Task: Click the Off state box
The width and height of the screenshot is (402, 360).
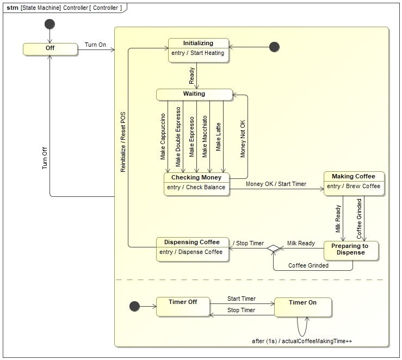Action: (x=50, y=49)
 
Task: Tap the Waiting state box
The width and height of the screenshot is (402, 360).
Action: (x=194, y=95)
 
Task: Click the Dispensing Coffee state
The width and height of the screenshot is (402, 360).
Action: (x=193, y=249)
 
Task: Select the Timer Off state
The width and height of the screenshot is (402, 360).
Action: (x=183, y=307)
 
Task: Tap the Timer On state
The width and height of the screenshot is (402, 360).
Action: (x=302, y=307)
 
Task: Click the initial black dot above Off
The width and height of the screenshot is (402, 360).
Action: (x=50, y=24)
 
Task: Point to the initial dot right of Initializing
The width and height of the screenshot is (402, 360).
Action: (x=274, y=47)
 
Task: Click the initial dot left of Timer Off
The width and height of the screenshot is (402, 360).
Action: (x=134, y=307)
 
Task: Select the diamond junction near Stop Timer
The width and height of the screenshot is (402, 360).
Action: (x=273, y=249)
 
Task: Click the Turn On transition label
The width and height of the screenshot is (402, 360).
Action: (x=95, y=45)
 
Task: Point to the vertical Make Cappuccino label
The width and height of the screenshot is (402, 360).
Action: (x=163, y=136)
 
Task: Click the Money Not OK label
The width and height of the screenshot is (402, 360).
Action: (x=243, y=139)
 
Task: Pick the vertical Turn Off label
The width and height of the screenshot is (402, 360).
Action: (x=45, y=157)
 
